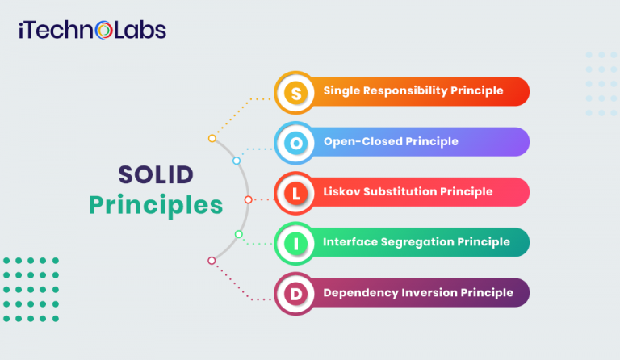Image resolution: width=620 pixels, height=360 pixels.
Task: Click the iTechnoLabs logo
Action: coord(92,31)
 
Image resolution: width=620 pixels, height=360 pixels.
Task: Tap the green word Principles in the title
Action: coord(156,205)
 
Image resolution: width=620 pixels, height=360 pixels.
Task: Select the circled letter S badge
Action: coord(296,92)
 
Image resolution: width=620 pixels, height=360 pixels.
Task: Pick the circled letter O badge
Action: coord(296,142)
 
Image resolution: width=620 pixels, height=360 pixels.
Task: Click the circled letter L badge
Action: coord(296,192)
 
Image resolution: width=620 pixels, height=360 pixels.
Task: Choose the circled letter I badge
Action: coord(296,242)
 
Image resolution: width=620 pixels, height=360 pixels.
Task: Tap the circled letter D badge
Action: coord(296,292)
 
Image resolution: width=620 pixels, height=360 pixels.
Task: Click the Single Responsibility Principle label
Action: coord(413,91)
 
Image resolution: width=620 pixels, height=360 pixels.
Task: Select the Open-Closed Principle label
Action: coord(391,141)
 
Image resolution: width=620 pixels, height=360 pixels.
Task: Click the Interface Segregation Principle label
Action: coord(417,241)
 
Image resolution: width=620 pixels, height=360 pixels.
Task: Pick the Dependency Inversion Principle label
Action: coord(418,292)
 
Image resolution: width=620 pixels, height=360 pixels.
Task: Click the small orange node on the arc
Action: coord(212,138)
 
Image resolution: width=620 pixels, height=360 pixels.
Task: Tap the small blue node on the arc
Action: coord(237,161)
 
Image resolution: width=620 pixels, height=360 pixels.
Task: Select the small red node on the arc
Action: coord(248,199)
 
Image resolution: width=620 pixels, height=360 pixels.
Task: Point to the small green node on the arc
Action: coord(238,234)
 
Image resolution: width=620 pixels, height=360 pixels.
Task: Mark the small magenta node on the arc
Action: coord(212,260)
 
